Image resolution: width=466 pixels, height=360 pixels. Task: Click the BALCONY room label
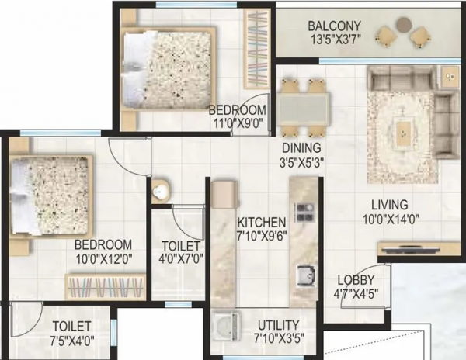[x=332, y=24]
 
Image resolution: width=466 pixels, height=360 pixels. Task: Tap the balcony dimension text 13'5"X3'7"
[x=332, y=39]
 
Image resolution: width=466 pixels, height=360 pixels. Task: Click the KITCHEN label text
[x=263, y=220]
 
